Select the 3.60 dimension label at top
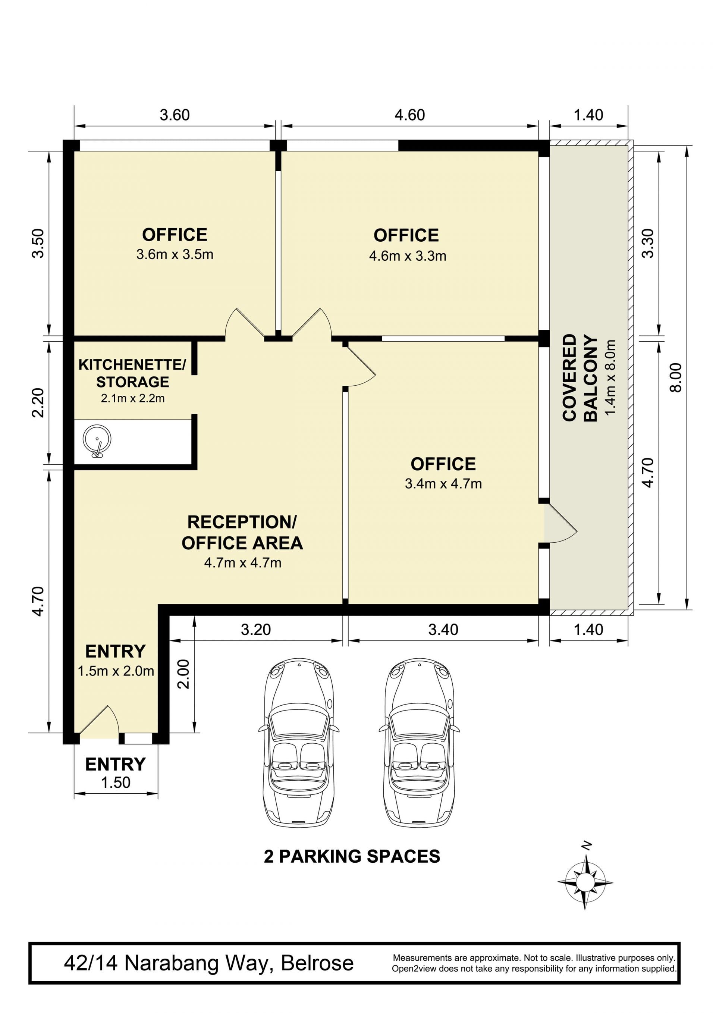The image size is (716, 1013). tap(175, 115)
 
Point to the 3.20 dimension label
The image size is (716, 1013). tap(256, 630)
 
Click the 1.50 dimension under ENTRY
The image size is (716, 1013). tap(116, 782)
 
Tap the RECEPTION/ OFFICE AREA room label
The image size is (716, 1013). tap(242, 533)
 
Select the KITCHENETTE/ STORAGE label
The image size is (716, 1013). tap(132, 373)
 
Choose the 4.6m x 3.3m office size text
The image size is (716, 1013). tap(408, 256)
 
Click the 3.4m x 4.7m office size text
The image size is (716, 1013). tap(443, 484)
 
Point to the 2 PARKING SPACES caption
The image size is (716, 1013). tap(352, 856)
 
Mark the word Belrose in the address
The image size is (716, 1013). tap(317, 963)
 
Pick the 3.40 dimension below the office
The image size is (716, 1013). tap(443, 630)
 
